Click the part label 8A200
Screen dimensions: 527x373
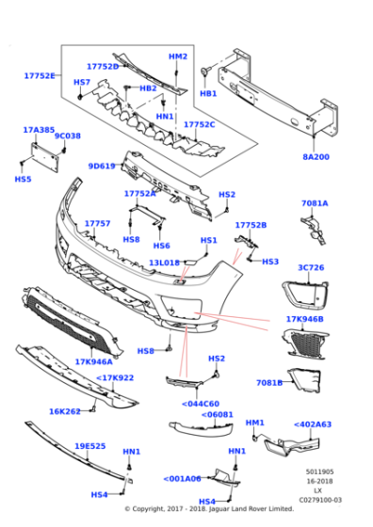(x=316, y=157)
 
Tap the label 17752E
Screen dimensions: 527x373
(x=40, y=76)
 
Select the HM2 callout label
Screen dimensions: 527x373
(x=178, y=56)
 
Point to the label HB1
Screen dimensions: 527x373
(x=208, y=94)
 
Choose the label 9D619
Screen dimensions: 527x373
(x=102, y=167)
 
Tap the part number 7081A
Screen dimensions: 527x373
(x=315, y=203)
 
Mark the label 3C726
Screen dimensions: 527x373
(x=311, y=268)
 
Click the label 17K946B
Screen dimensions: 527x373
(x=304, y=319)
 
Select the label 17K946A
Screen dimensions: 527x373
(x=93, y=361)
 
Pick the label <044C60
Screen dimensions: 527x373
(x=200, y=404)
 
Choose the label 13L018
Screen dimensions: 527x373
(x=164, y=263)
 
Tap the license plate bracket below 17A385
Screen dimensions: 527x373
(x=43, y=153)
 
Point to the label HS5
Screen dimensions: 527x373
(x=23, y=179)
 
